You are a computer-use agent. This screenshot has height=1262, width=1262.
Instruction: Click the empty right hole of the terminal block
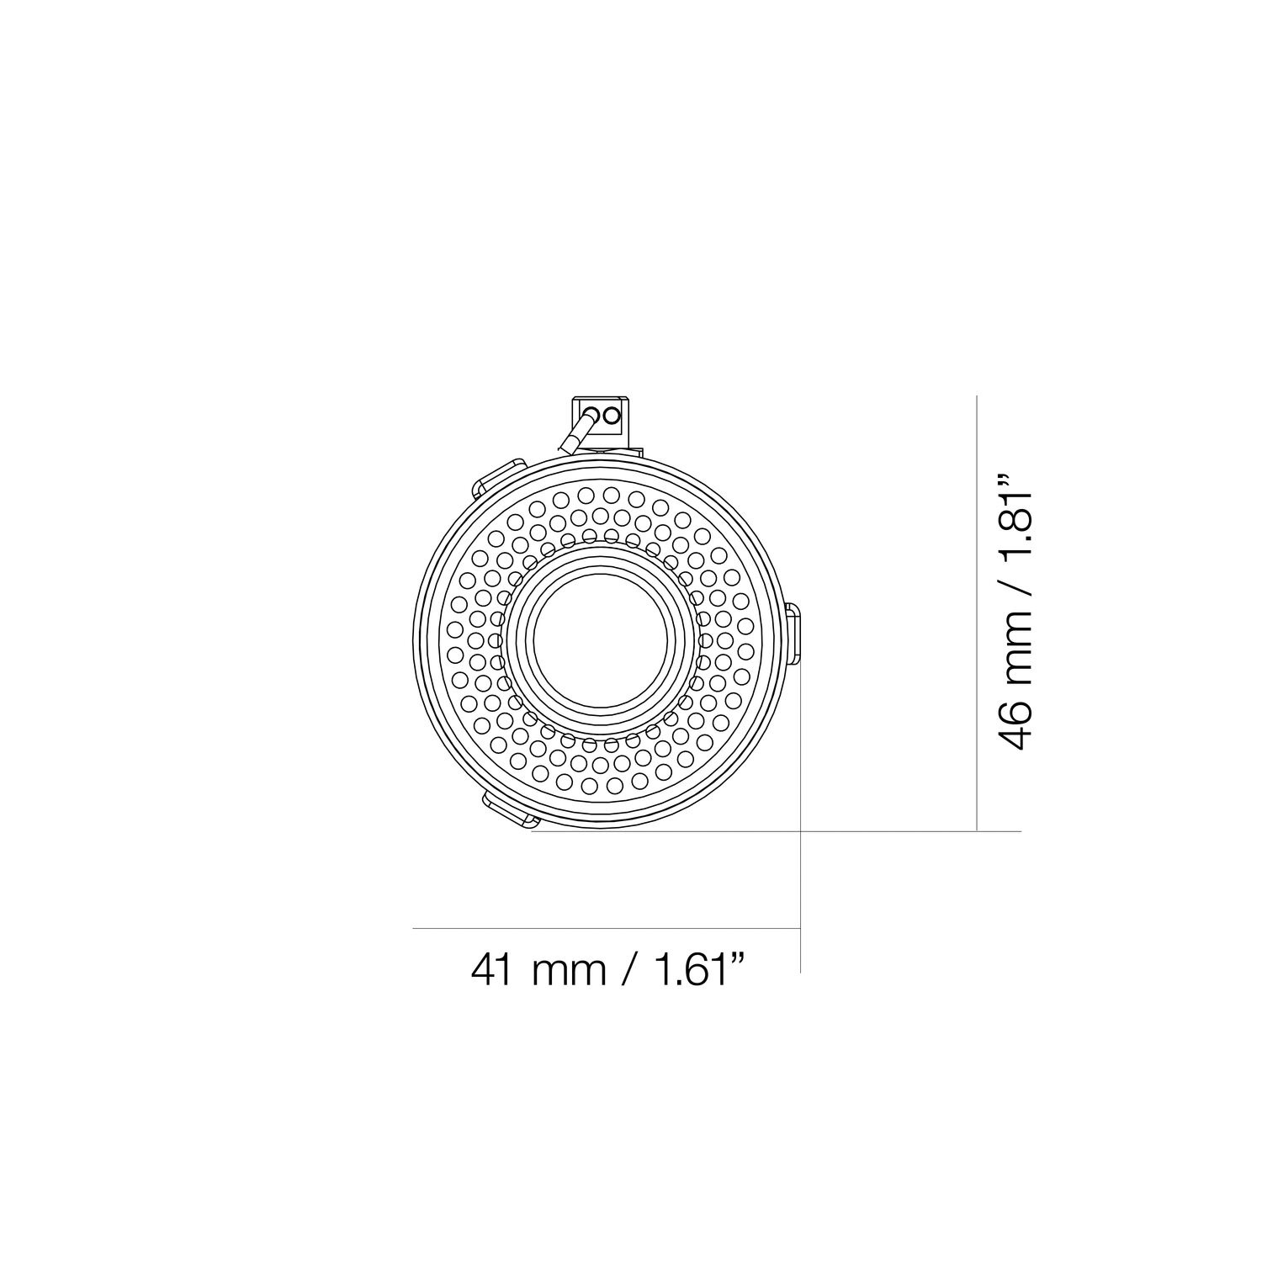click(612, 414)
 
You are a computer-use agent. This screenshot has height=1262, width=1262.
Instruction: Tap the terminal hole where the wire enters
click(593, 414)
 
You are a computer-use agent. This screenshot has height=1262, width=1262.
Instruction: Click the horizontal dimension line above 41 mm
click(606, 928)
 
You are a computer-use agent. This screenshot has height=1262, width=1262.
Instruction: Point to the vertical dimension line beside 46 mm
click(976, 614)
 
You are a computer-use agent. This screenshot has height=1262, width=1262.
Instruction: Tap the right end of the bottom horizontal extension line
click(1020, 832)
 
